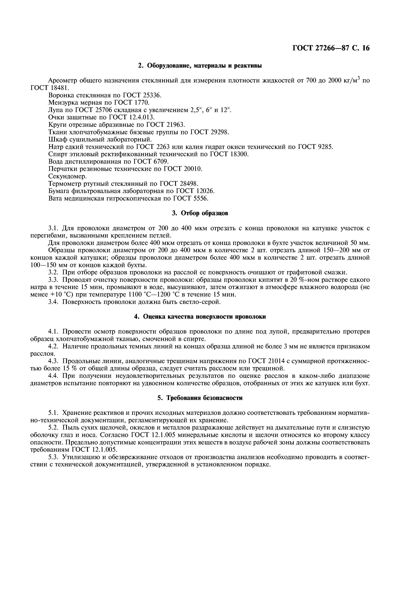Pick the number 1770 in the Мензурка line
(140, 103)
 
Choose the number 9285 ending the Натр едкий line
(324, 147)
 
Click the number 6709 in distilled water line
(160, 162)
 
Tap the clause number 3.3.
(54, 280)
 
